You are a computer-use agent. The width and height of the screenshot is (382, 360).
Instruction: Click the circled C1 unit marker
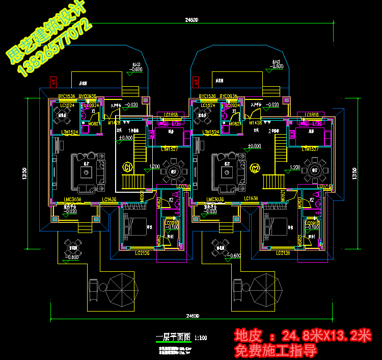click(x=127, y=167)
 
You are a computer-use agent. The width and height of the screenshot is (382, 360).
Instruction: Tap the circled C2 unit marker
click(x=256, y=167)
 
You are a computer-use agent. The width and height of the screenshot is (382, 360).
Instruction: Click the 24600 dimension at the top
click(x=192, y=20)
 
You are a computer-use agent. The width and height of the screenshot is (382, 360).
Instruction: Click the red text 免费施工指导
click(x=276, y=351)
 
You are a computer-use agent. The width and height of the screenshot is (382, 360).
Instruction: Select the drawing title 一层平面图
click(x=173, y=337)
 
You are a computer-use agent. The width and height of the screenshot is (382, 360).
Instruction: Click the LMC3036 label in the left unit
click(x=73, y=199)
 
